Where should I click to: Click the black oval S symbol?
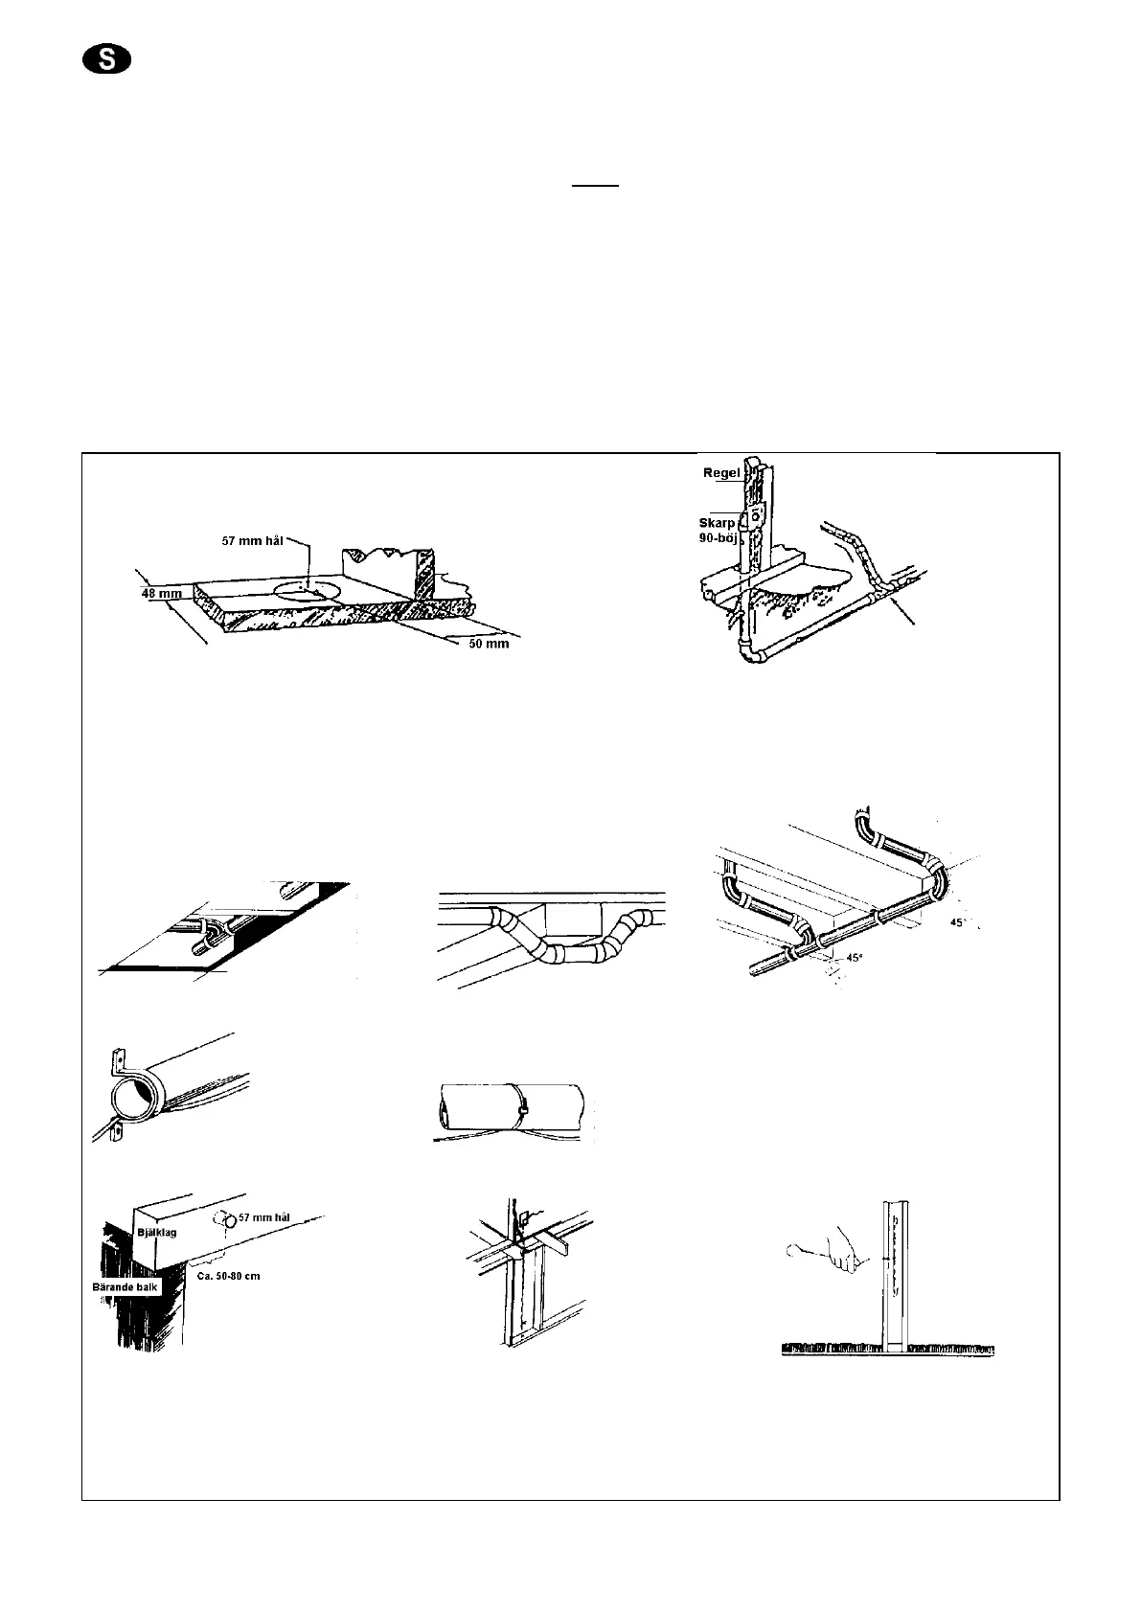(x=106, y=60)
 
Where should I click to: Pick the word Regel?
(x=723, y=473)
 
